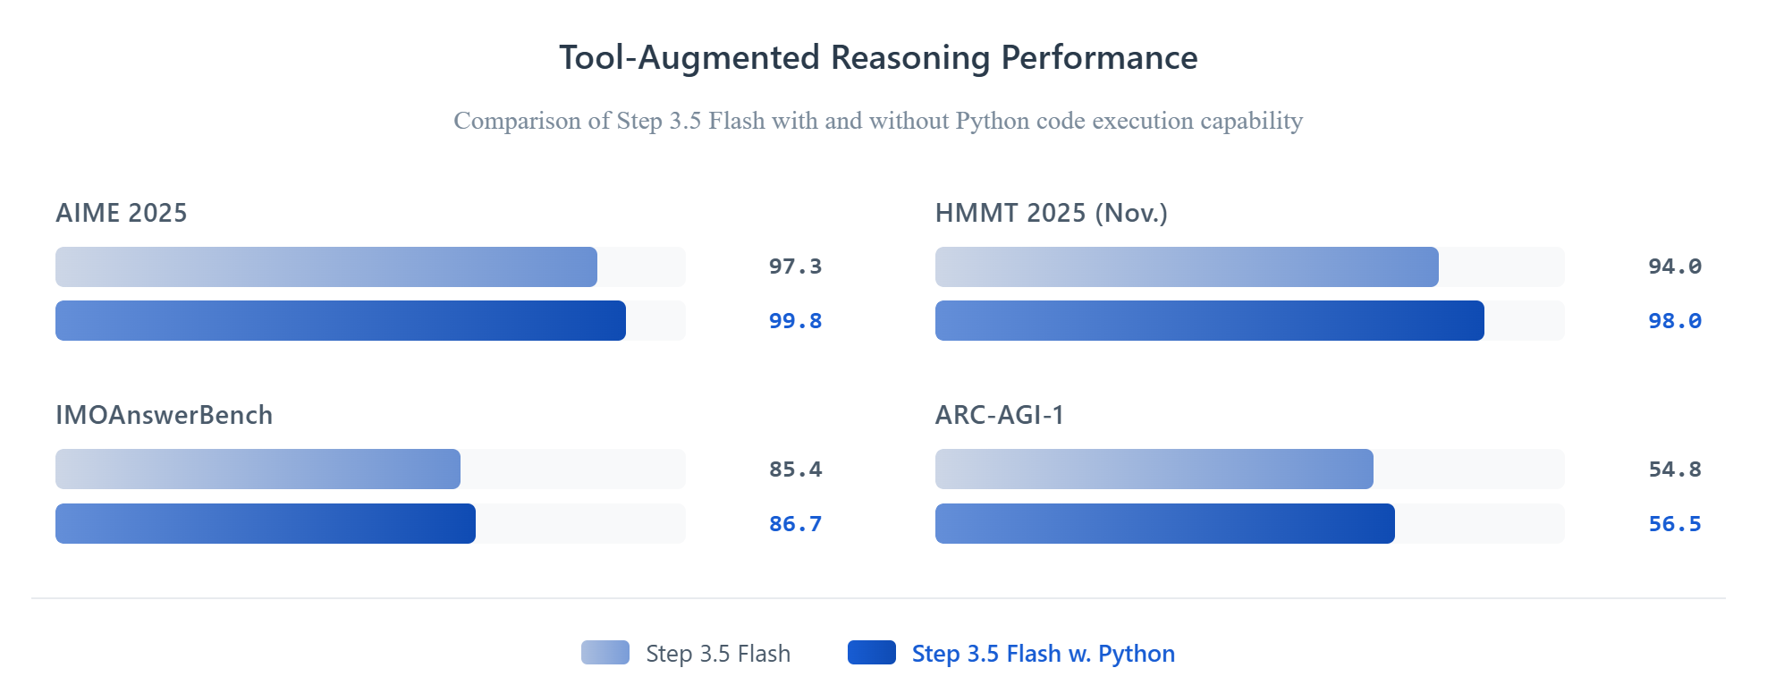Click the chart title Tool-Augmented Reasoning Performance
point(878,58)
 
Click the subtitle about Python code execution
point(878,121)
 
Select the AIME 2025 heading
point(122,213)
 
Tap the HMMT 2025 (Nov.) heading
point(1052,213)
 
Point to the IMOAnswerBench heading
point(165,415)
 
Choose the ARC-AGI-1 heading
point(1000,415)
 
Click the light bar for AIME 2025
point(326,266)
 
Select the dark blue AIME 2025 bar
point(341,321)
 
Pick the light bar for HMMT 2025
point(1187,266)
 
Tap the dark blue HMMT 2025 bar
point(1210,321)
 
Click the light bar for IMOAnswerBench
point(258,469)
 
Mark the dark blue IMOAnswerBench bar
point(266,524)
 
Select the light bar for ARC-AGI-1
point(1154,469)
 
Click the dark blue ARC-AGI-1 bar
point(1165,524)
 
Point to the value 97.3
point(795,266)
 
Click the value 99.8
point(795,321)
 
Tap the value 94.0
point(1675,266)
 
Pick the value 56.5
point(1675,524)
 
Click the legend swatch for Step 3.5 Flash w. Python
point(872,653)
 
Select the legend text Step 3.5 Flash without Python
point(718,654)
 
